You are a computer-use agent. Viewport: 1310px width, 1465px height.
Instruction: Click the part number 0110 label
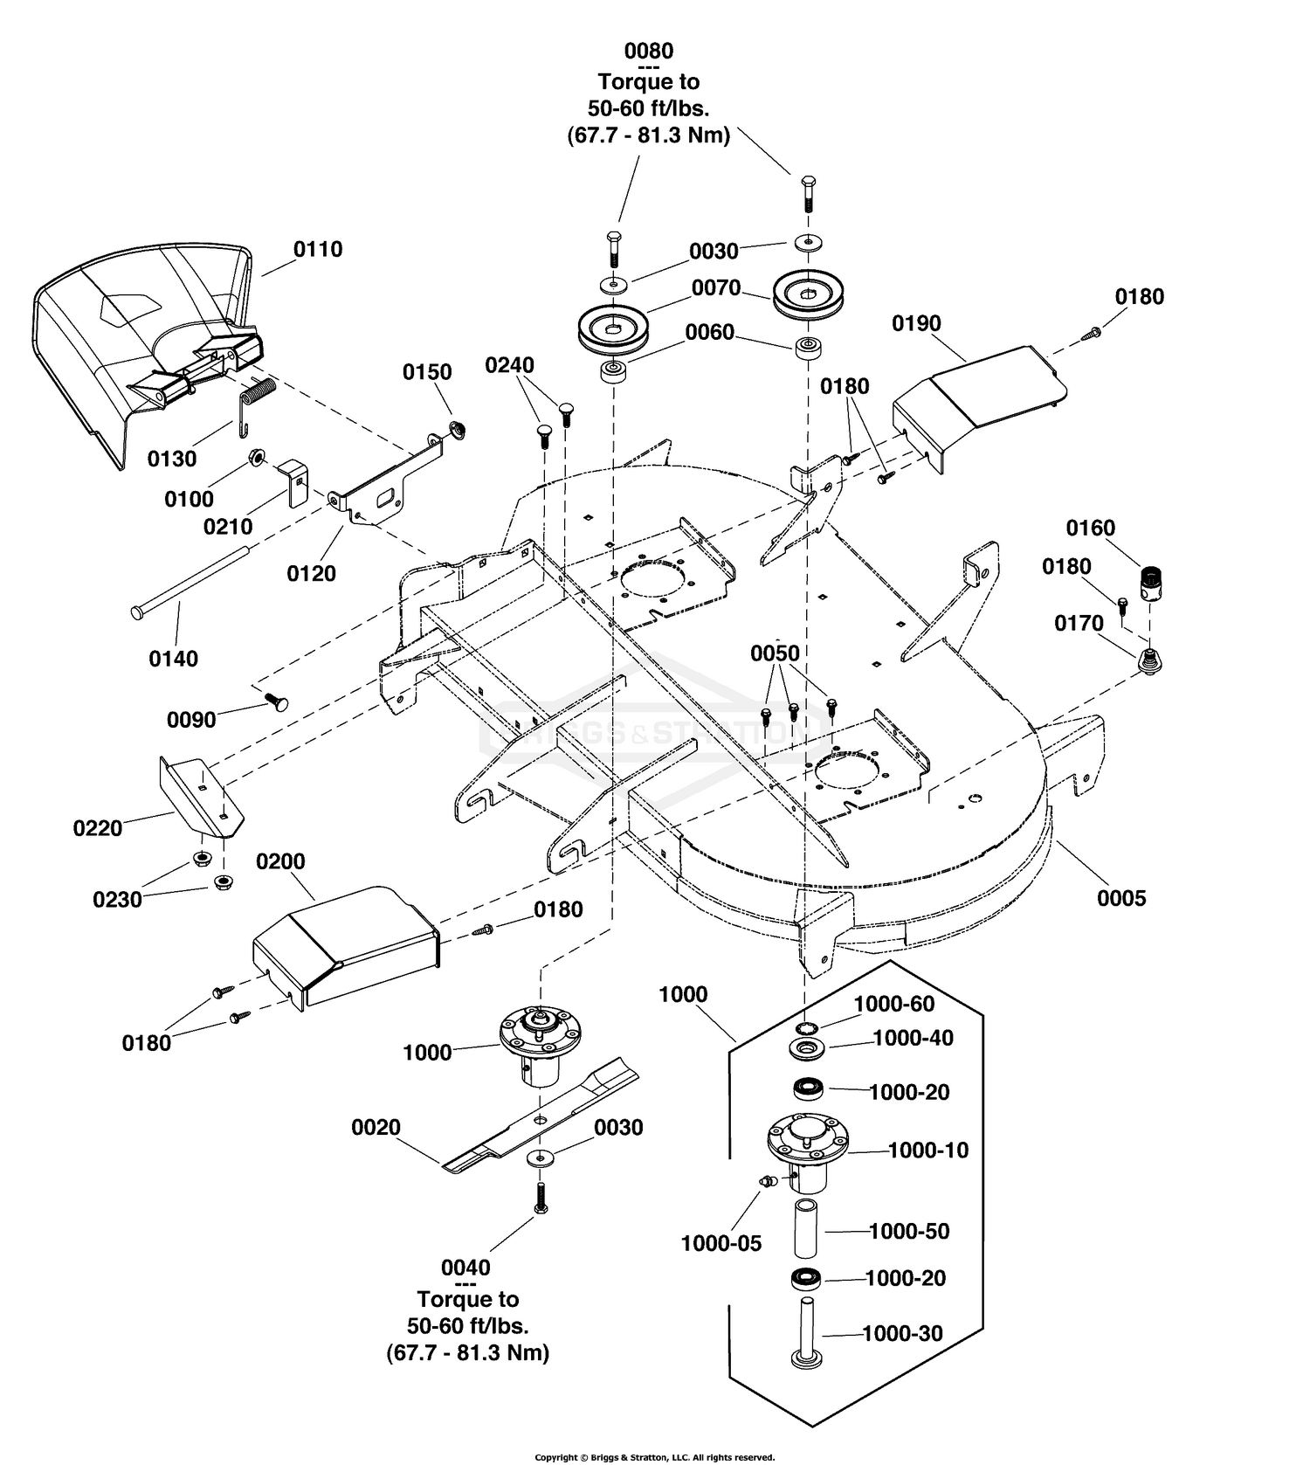(x=318, y=249)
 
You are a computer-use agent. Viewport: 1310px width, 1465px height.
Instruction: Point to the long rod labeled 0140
(x=191, y=579)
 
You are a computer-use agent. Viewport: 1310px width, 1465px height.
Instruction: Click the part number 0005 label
(x=1121, y=898)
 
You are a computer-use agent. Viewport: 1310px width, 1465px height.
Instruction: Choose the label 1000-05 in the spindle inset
(x=721, y=1243)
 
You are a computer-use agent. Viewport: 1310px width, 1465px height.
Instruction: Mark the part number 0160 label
(x=1091, y=528)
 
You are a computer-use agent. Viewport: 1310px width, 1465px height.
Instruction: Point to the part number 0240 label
(x=510, y=365)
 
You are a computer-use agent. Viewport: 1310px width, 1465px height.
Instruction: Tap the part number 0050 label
(x=776, y=653)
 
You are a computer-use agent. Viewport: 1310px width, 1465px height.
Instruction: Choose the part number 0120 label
(x=312, y=573)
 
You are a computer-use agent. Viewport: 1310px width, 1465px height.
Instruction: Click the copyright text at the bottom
(x=654, y=1457)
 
